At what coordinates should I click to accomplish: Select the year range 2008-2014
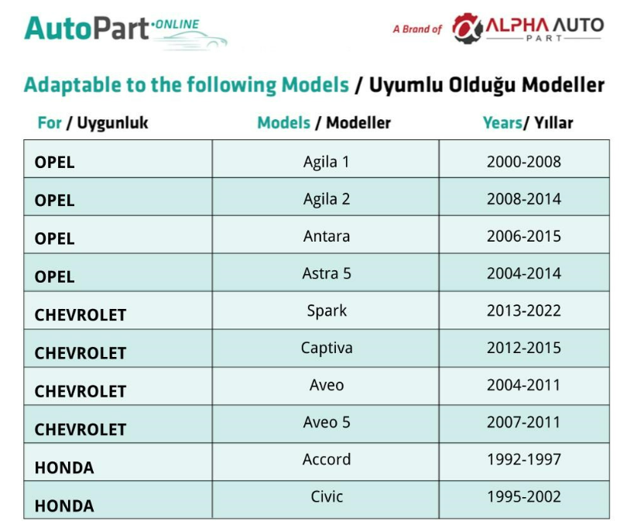click(x=524, y=199)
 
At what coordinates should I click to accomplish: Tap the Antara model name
click(x=327, y=236)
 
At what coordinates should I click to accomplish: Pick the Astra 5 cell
click(x=327, y=273)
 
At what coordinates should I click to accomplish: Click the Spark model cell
click(x=327, y=311)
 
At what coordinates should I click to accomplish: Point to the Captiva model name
click(x=327, y=348)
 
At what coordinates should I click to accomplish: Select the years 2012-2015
click(x=524, y=348)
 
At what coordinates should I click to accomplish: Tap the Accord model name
click(x=327, y=459)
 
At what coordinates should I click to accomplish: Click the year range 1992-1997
click(x=524, y=459)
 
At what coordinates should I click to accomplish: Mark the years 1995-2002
click(x=524, y=496)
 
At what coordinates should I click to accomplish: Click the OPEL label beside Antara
click(x=55, y=238)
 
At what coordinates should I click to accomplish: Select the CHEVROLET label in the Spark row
click(x=80, y=315)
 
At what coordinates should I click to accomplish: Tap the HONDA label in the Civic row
click(x=64, y=506)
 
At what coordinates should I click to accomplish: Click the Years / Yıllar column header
click(x=528, y=123)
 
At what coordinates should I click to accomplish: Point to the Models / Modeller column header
click(x=324, y=123)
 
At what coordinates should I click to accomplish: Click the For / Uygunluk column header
click(x=93, y=123)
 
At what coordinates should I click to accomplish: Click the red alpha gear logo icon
click(x=467, y=29)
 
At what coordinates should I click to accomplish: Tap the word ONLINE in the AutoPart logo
click(x=177, y=25)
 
